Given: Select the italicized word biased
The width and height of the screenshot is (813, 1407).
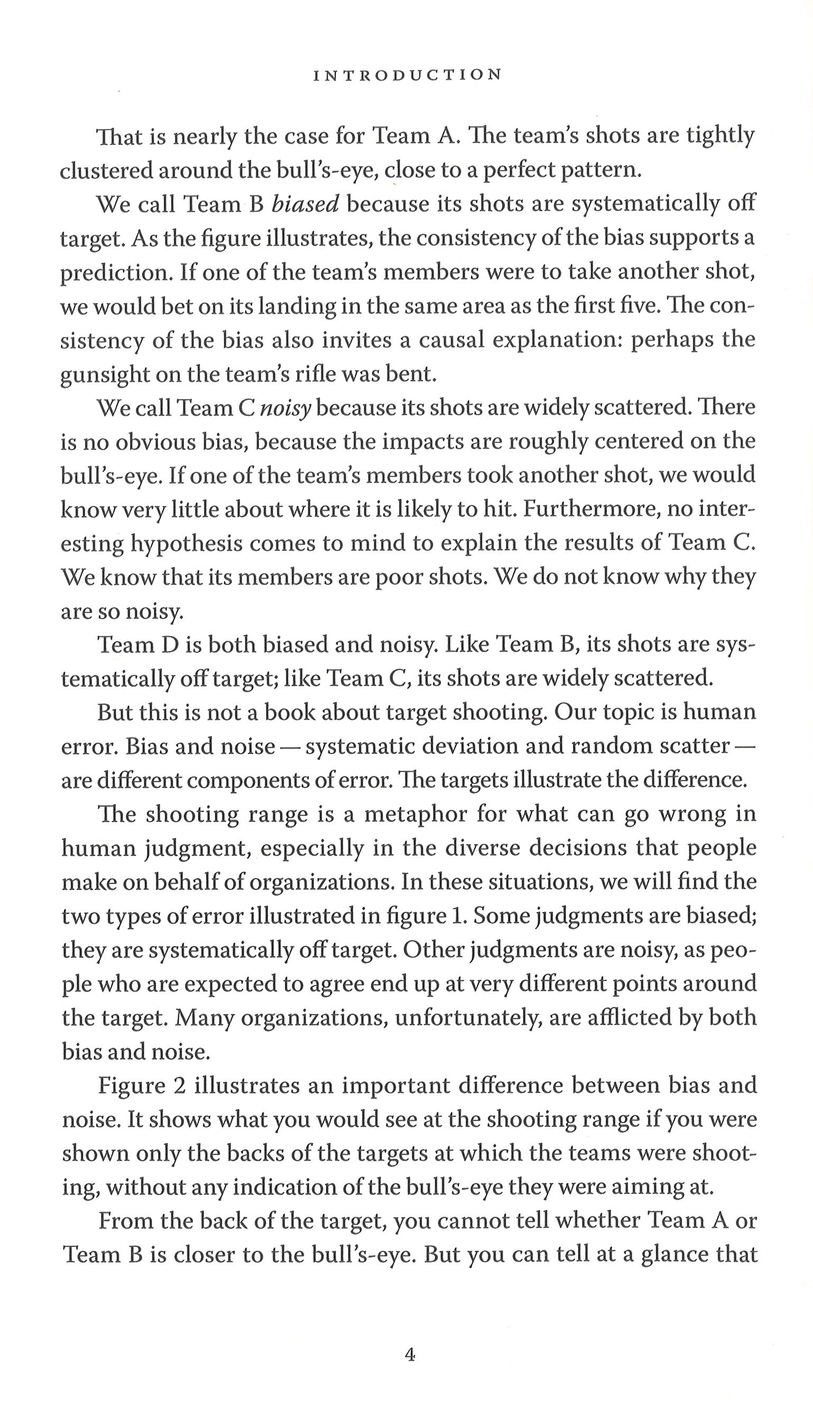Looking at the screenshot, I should point(305,204).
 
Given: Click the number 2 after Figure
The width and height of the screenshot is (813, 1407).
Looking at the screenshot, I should point(179,1086).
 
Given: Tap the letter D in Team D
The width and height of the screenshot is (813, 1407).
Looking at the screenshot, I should point(169,645).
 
